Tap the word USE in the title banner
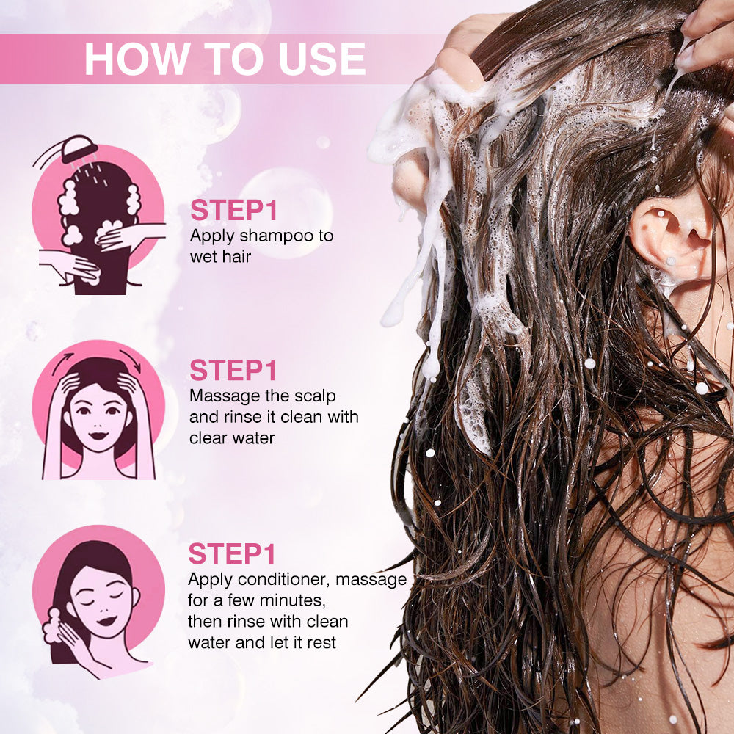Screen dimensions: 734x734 click(x=321, y=59)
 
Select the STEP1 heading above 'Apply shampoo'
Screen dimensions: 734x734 click(x=233, y=210)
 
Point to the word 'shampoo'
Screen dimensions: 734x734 click(x=280, y=237)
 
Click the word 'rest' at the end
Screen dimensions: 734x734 click(x=321, y=643)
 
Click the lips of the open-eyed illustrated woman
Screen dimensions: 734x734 click(x=99, y=436)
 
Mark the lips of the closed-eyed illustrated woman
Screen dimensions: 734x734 click(x=106, y=621)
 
